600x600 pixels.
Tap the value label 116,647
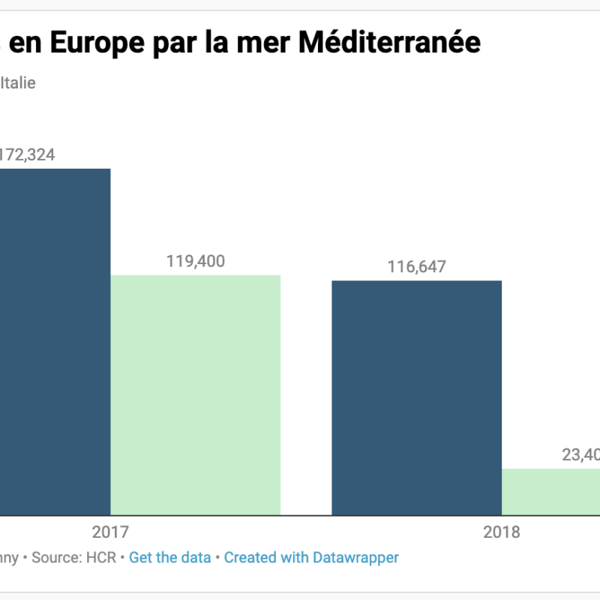tap(416, 267)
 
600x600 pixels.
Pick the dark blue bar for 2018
tap(416, 397)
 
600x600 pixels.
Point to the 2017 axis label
tap(110, 532)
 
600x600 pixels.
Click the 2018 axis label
tap(501, 532)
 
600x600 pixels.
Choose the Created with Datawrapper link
tap(311, 557)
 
